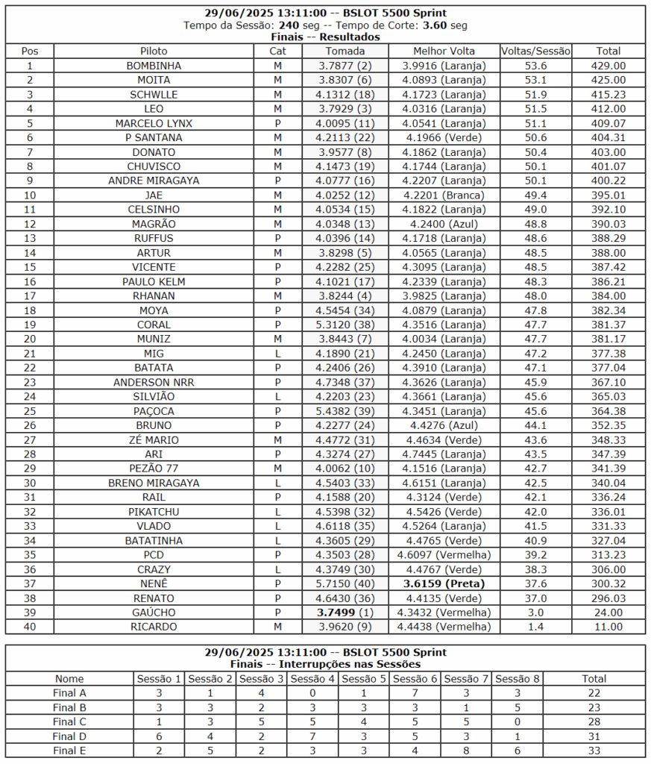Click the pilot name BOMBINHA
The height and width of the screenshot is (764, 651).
pyautogui.click(x=154, y=66)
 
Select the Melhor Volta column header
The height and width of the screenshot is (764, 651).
pyautogui.click(x=444, y=51)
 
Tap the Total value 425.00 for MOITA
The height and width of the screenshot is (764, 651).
pyautogui.click(x=608, y=80)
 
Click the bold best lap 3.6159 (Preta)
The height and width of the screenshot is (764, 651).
pyautogui.click(x=444, y=583)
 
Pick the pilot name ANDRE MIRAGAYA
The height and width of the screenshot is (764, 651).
pyautogui.click(x=154, y=181)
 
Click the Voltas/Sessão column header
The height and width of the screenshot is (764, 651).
pyautogui.click(x=535, y=51)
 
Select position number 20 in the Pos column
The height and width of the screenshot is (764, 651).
pyautogui.click(x=30, y=339)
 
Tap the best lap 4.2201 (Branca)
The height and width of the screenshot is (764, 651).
pyautogui.click(x=444, y=195)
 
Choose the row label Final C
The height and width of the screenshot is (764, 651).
pyautogui.click(x=70, y=721)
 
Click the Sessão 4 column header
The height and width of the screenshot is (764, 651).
pyautogui.click(x=312, y=679)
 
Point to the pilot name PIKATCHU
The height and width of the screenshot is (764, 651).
pyautogui.click(x=154, y=512)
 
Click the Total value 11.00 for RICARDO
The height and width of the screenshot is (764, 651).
pyautogui.click(x=608, y=627)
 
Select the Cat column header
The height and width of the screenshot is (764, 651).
pyautogui.click(x=277, y=51)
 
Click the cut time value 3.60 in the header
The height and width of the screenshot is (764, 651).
pyautogui.click(x=434, y=25)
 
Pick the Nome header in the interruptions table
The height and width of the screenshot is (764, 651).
pyautogui.click(x=70, y=679)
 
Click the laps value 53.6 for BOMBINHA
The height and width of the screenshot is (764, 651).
pyautogui.click(x=535, y=66)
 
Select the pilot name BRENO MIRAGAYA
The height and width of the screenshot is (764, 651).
pyautogui.click(x=154, y=483)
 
